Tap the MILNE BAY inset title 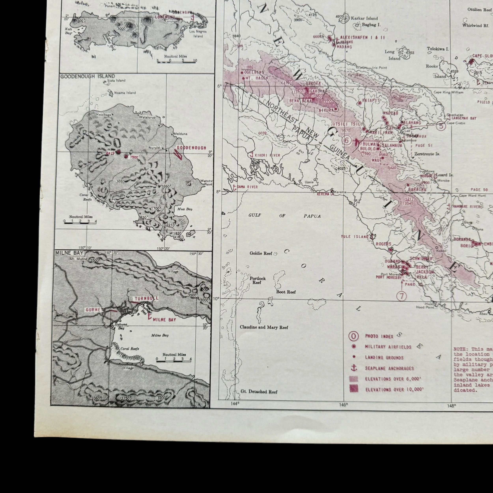66,252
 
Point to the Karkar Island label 364,18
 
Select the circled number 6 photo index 346,141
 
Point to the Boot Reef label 286,292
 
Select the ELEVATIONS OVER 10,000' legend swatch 354,389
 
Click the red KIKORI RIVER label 267,155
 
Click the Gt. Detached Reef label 259,391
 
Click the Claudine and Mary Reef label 264,327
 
